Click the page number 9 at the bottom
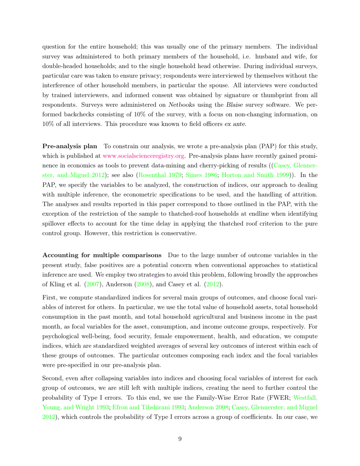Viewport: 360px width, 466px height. [x=180, y=439]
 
